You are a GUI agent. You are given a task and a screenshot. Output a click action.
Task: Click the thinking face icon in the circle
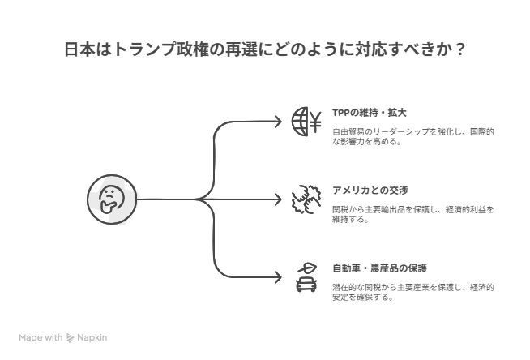pyautogui.click(x=112, y=199)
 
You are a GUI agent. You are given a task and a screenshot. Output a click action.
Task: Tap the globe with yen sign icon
pyautogui.click(x=306, y=122)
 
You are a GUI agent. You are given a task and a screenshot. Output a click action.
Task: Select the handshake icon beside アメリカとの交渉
pyautogui.click(x=306, y=199)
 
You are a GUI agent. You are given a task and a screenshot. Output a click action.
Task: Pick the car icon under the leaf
pyautogui.click(x=306, y=285)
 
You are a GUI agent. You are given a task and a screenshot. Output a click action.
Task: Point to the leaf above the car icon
pyautogui.click(x=308, y=268)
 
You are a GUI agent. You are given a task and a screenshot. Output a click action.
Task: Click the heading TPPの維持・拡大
pyautogui.click(x=369, y=113)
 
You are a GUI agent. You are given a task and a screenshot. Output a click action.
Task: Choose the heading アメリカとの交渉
pyautogui.click(x=370, y=191)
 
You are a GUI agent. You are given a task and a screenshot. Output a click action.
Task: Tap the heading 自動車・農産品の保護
pyautogui.click(x=379, y=268)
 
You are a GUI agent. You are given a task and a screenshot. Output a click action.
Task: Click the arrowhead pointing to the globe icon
pyautogui.click(x=278, y=122)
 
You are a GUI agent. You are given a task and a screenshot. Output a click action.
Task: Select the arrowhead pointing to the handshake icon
pyautogui.click(x=278, y=199)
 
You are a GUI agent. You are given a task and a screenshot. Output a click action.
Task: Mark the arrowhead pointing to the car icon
pyautogui.click(x=278, y=277)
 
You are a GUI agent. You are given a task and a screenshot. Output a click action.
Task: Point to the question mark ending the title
pyautogui.click(x=459, y=49)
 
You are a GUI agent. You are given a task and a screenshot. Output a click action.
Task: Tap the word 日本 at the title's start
pyautogui.click(x=79, y=49)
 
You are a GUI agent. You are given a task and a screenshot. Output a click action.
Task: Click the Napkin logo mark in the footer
pyautogui.click(x=70, y=337)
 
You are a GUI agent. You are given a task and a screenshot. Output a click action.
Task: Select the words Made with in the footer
pyautogui.click(x=41, y=337)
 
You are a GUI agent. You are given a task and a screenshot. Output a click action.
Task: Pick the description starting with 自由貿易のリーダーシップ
pyautogui.click(x=413, y=136)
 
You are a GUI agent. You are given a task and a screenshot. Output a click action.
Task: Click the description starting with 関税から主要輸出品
pyautogui.click(x=413, y=214)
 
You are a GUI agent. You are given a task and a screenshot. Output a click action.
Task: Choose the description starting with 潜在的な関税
pyautogui.click(x=413, y=292)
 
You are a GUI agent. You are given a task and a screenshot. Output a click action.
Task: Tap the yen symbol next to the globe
pyautogui.click(x=315, y=122)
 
